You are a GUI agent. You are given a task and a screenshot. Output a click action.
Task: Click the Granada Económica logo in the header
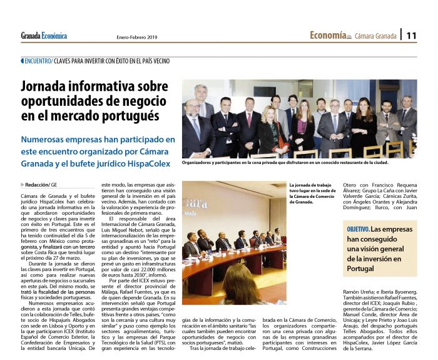(44, 36)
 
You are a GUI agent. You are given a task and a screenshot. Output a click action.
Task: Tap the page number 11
(411, 36)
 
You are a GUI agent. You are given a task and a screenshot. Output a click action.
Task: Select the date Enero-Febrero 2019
(138, 37)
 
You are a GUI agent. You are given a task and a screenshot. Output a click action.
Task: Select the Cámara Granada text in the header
(376, 36)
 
